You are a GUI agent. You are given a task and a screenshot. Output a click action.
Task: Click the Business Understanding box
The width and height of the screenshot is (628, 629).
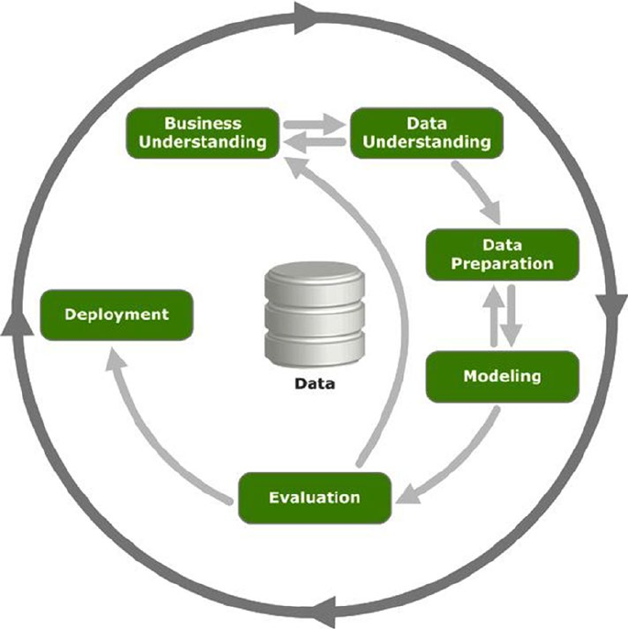coord(203,132)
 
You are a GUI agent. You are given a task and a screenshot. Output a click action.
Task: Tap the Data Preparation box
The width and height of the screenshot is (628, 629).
coord(503,254)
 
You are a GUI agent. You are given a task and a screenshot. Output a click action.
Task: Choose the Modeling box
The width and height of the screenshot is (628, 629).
coord(502,376)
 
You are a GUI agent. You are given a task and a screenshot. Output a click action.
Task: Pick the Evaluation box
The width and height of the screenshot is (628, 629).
coord(314,498)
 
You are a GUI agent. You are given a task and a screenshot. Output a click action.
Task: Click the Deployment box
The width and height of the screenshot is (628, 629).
coord(116,314)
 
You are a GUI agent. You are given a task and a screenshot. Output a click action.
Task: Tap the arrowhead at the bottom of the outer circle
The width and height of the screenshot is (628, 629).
coord(325,612)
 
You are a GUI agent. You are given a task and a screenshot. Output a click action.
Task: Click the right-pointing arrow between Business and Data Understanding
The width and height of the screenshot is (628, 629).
coord(314,122)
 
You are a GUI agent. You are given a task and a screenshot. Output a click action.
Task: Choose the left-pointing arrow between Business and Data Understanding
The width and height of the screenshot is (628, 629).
coord(314,141)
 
